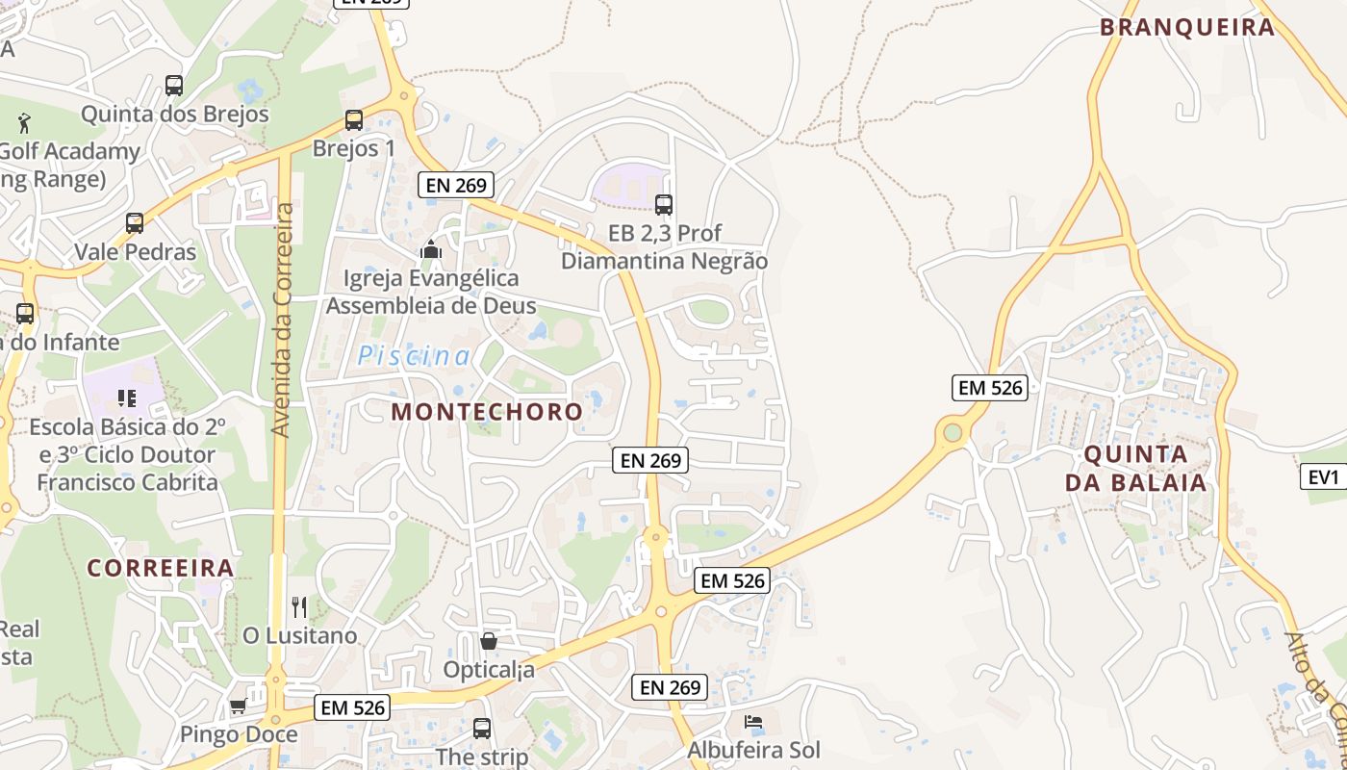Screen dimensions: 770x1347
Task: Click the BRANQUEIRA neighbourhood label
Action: coord(1187,27)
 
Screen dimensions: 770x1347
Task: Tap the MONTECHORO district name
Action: coord(487,412)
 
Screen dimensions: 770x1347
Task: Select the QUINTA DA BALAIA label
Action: coord(1135,468)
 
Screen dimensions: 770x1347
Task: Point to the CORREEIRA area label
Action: coord(161,568)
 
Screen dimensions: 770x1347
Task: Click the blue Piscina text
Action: coord(414,356)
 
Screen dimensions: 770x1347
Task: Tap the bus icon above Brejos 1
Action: coord(354,120)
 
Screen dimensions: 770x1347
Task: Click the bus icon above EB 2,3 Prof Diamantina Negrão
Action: coord(664,204)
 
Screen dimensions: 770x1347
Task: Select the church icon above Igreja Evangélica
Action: coord(430,250)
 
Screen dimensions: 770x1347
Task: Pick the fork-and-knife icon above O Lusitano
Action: coord(299,607)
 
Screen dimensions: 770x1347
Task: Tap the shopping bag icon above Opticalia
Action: coord(489,641)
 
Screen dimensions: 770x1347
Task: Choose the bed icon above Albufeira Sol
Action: coord(753,722)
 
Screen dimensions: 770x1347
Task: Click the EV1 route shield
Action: coord(1324,476)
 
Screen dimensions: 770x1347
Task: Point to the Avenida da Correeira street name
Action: coord(282,320)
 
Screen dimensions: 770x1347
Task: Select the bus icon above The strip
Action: coord(482,729)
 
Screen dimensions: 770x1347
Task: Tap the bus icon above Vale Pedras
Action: coord(135,223)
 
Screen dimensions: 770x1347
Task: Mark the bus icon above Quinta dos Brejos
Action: coord(174,86)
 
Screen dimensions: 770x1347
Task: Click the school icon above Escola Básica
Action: coord(127,398)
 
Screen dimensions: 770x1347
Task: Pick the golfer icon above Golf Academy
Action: coord(25,123)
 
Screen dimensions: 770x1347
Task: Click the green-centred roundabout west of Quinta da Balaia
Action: coord(953,432)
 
